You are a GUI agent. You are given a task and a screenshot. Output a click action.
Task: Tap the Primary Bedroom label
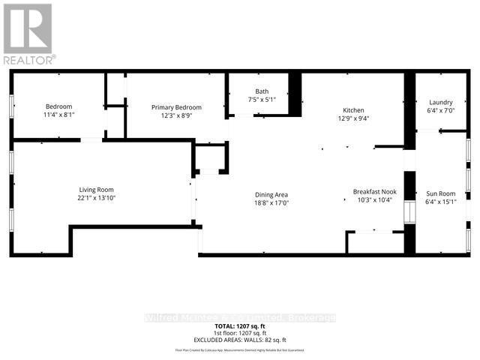pos(173,107)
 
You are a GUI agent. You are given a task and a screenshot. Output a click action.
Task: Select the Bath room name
pos(262,92)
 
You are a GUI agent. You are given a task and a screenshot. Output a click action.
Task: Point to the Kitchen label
pos(353,109)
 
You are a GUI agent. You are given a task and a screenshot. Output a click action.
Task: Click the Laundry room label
pos(441,103)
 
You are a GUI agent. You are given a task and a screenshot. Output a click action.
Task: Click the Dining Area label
pos(271,195)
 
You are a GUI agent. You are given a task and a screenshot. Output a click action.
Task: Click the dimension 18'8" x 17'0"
pos(271,203)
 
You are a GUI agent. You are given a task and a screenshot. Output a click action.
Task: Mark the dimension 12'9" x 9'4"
pos(353,117)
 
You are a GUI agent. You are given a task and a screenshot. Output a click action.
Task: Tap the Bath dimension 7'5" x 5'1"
pos(262,100)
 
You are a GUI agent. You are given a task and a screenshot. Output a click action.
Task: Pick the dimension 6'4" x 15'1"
pos(441,202)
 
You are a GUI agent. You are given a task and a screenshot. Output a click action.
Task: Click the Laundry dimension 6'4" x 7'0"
pos(441,111)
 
